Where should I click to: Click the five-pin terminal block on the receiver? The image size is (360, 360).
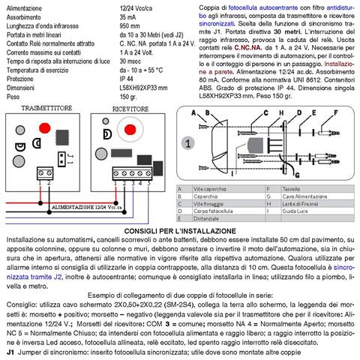pos(127,175)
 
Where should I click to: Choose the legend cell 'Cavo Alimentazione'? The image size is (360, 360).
pos(291,197)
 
